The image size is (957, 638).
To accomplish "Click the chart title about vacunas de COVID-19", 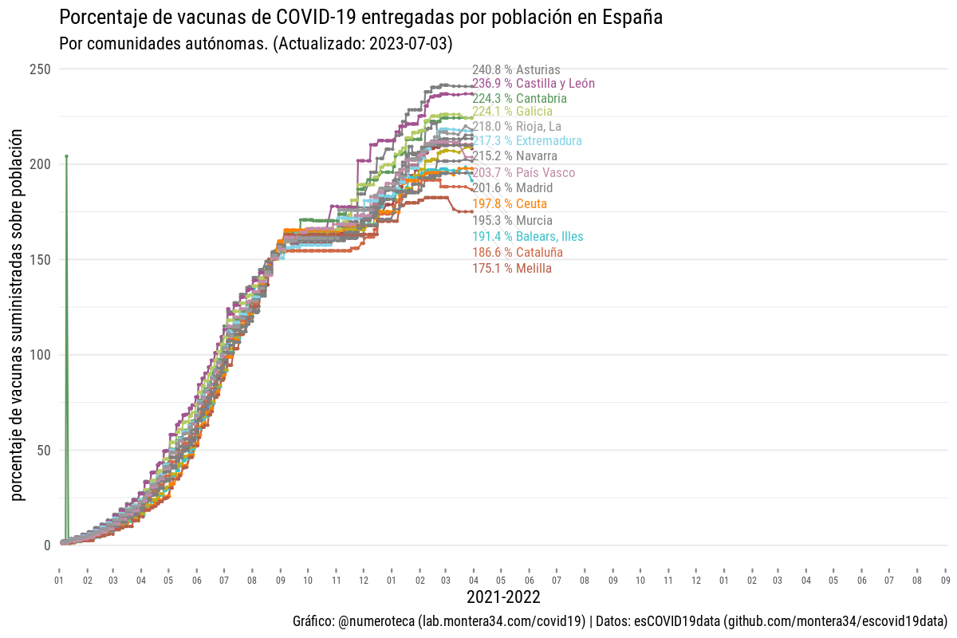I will coord(361,17).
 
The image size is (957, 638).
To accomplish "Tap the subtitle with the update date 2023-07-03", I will coord(262,43).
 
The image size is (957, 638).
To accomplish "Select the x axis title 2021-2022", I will coord(502,597).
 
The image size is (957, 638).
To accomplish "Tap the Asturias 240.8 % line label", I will coord(516,70).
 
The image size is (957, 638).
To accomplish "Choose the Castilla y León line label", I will coord(533,83).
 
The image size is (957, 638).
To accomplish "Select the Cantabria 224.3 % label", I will coord(519,99).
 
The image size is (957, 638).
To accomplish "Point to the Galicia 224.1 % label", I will coord(512,112).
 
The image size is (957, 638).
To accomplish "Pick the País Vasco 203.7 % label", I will coord(523,173).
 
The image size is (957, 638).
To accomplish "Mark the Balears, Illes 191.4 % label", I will coord(527,237).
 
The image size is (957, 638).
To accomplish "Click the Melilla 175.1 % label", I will coord(511,269).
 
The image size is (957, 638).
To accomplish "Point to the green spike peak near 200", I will coord(66,156).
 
